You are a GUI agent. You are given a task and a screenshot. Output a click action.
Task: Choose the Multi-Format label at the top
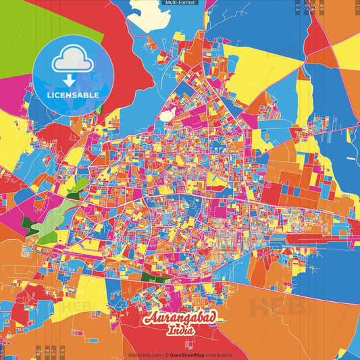pos(180,3)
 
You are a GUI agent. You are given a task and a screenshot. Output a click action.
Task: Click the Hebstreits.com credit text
pos(143,355)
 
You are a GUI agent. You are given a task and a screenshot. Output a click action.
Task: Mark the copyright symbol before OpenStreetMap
pos(167,355)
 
